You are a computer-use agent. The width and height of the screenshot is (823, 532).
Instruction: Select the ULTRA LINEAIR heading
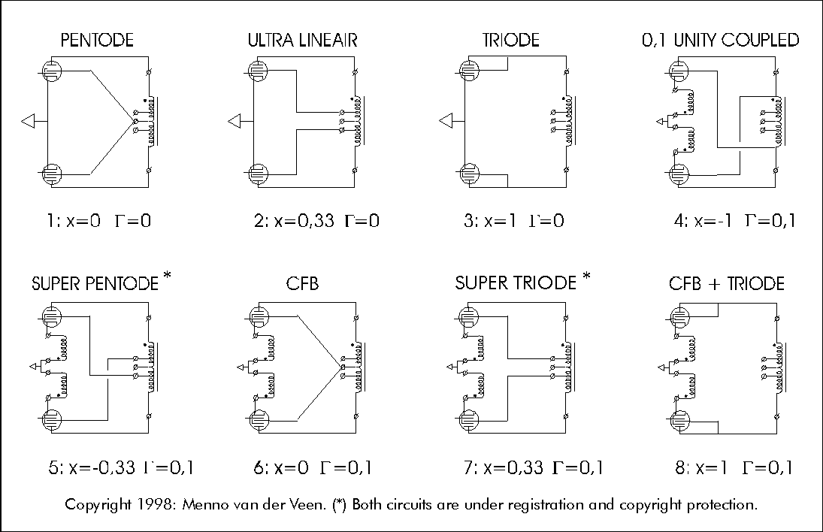(302, 41)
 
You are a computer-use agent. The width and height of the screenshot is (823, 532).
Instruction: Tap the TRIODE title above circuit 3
(511, 41)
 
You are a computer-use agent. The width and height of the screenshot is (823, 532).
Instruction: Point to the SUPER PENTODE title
(95, 284)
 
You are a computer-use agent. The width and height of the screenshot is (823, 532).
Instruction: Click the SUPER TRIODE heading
(515, 284)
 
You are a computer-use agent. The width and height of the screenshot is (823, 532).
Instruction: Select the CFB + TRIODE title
(727, 284)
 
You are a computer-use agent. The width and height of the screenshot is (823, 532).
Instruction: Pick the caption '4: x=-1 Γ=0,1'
(735, 221)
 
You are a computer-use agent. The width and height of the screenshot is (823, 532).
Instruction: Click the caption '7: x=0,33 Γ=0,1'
(534, 468)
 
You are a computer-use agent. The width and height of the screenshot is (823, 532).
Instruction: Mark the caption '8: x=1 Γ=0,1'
(734, 468)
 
